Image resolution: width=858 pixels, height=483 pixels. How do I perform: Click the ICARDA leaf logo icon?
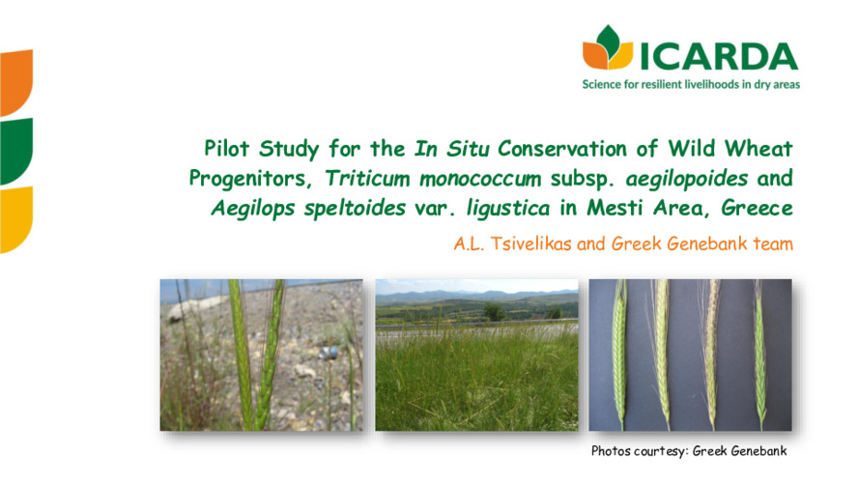tap(607, 48)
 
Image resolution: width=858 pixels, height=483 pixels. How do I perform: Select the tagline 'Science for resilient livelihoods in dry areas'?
tap(690, 84)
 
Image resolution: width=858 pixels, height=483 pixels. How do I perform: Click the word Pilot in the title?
tap(228, 149)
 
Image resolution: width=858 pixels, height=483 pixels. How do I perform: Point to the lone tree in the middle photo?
tap(494, 311)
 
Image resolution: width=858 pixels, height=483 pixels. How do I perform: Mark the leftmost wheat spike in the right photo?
tap(620, 348)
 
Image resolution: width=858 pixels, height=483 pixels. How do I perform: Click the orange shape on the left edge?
tap(15, 82)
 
